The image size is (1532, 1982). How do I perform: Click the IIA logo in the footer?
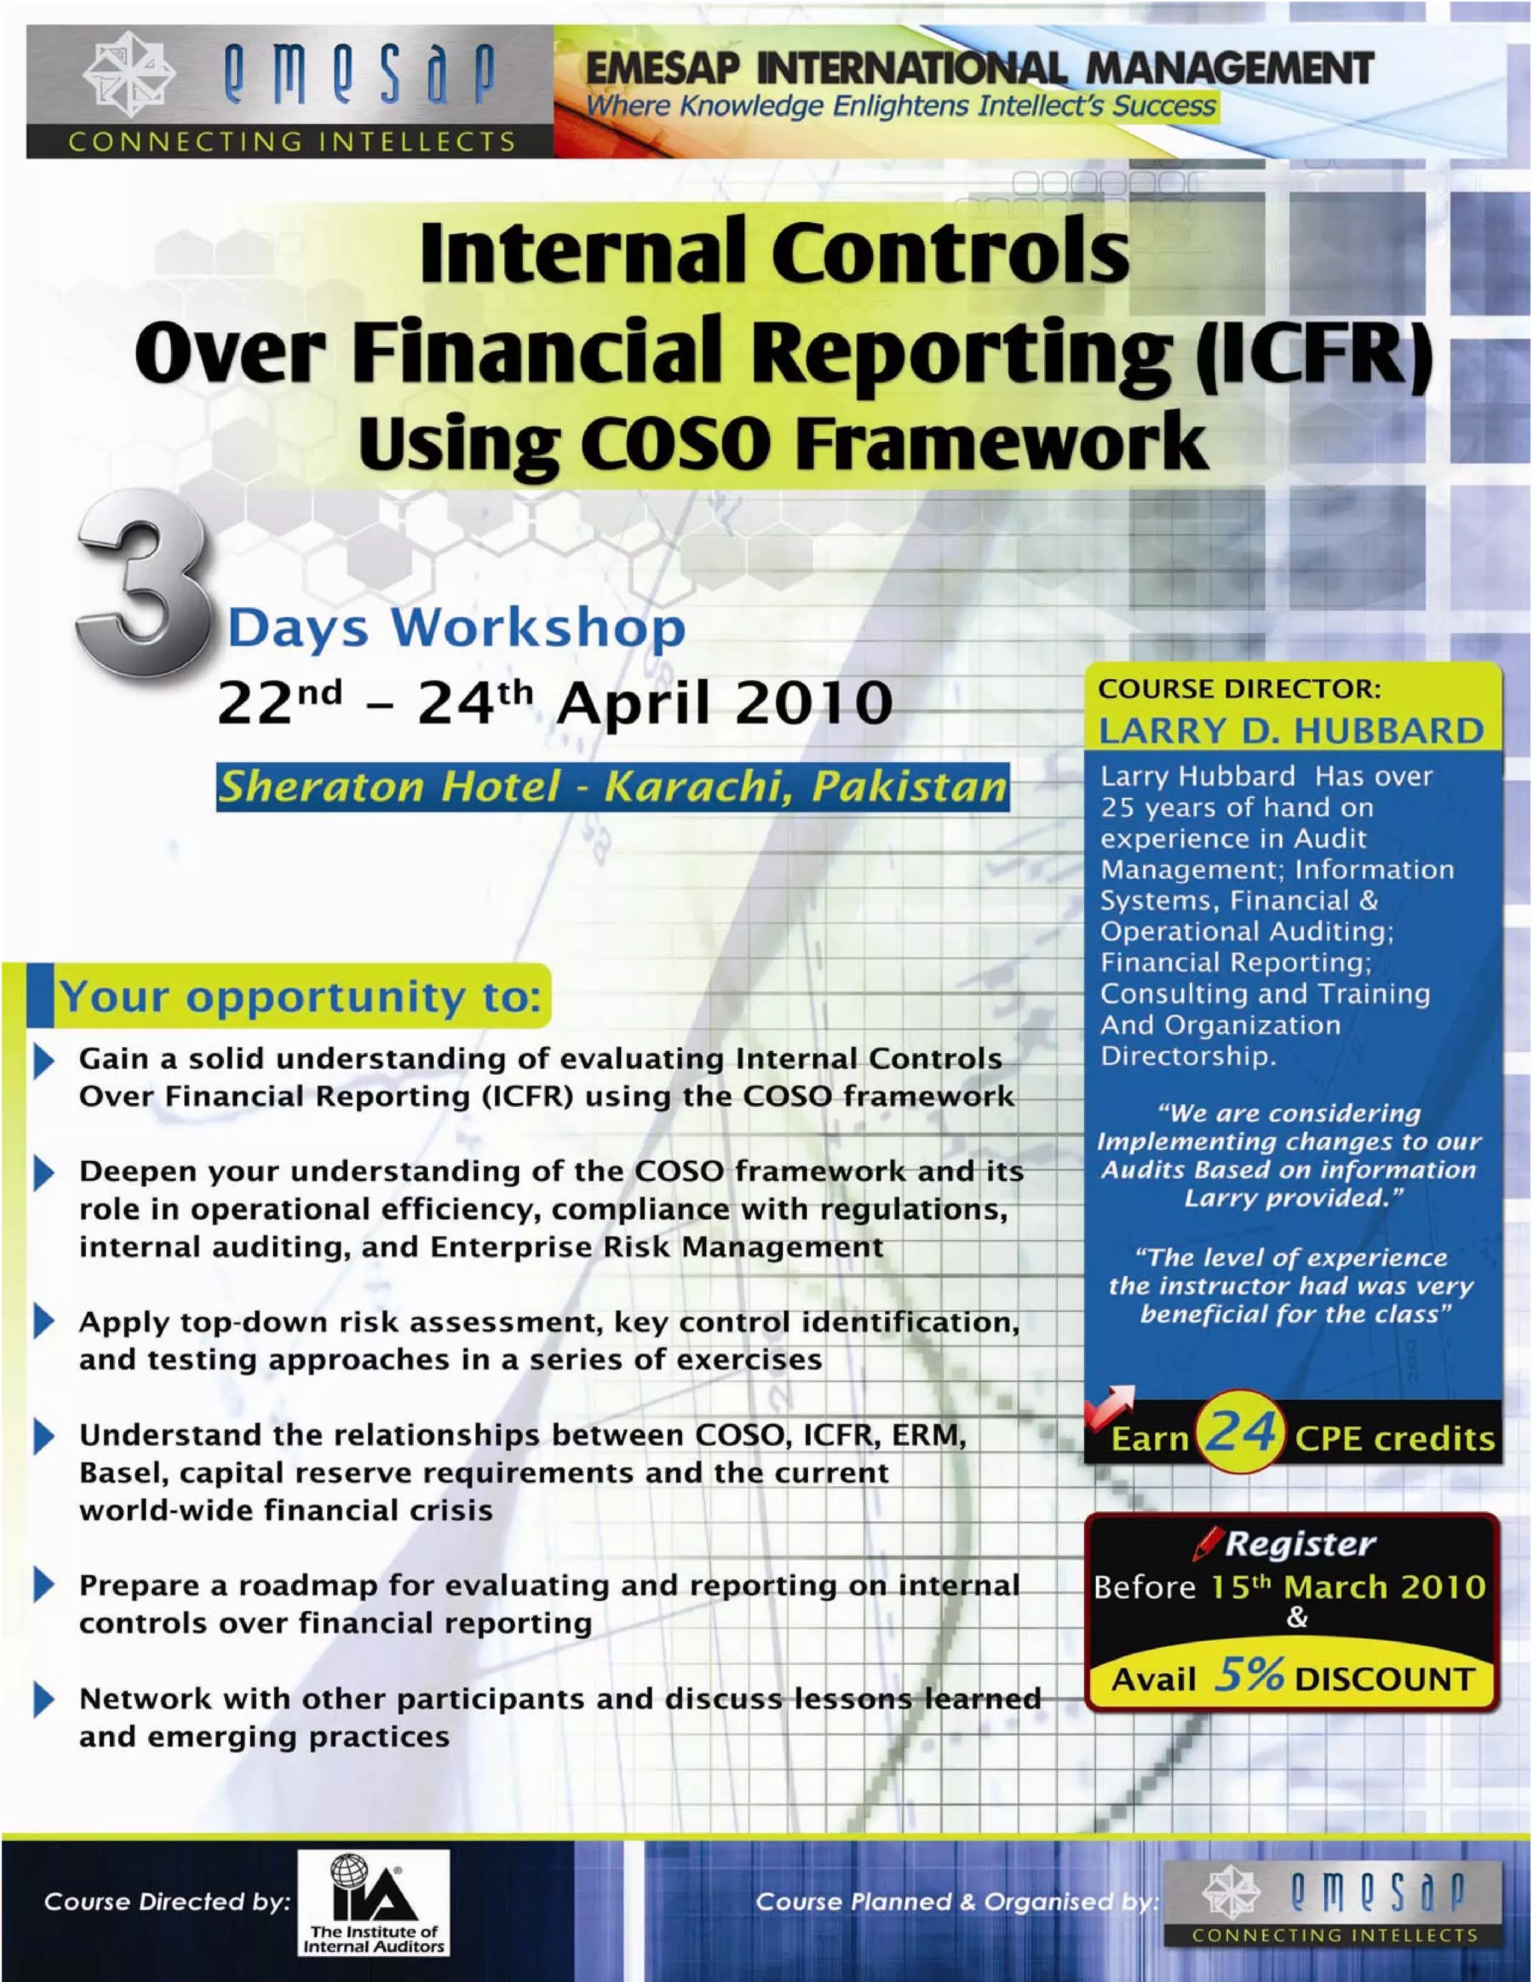373,1902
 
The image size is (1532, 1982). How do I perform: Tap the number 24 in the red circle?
1240,1433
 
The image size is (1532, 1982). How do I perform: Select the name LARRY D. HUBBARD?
1290,731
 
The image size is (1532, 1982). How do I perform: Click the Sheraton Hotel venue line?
613,786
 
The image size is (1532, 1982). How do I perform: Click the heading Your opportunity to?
301,996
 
